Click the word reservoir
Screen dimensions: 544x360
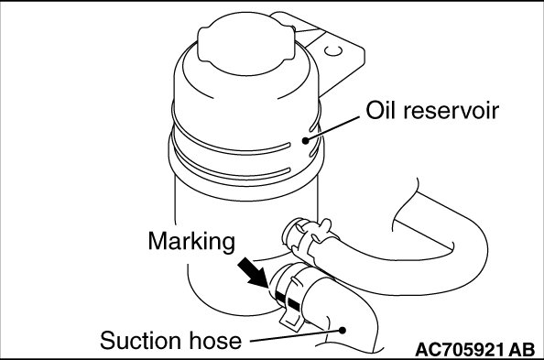tap(451, 111)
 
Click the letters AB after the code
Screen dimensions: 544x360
tap(521, 350)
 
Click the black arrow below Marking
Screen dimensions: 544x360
tap(254, 272)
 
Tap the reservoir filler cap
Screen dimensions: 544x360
tap(246, 44)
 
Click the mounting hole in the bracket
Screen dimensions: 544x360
tap(333, 51)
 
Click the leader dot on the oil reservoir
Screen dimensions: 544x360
tap(305, 140)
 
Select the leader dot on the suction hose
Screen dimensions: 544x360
tap(343, 330)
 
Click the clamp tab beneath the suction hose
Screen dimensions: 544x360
tap(290, 319)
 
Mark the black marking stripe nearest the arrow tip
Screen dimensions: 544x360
tap(279, 296)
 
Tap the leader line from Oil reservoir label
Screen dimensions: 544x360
tap(332, 129)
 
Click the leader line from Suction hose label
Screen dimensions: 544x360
tap(295, 335)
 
